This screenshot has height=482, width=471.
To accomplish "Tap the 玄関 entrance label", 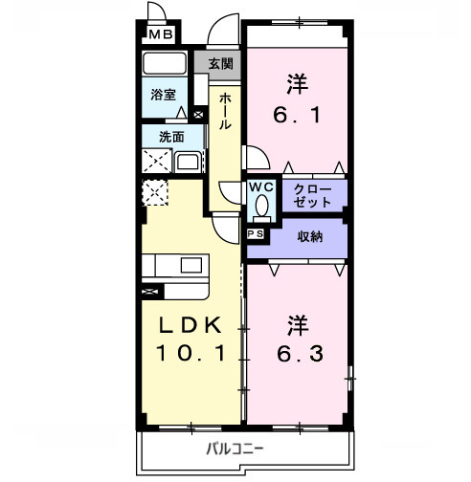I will coord(220,65).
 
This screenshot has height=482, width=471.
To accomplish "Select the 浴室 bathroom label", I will coord(164,95).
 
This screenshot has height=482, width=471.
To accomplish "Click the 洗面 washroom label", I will coord(171,136).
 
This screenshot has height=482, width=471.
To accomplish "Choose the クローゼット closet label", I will coord(314,195).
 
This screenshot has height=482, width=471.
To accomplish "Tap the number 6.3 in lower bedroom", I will coord(298,355).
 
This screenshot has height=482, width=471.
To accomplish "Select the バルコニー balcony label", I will coord(235,449).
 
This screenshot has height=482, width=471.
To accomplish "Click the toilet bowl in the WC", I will coord(261,208).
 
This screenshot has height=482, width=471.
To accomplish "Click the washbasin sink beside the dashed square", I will coord(188,159).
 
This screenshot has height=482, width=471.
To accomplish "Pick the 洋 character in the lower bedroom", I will coord(297,323).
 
